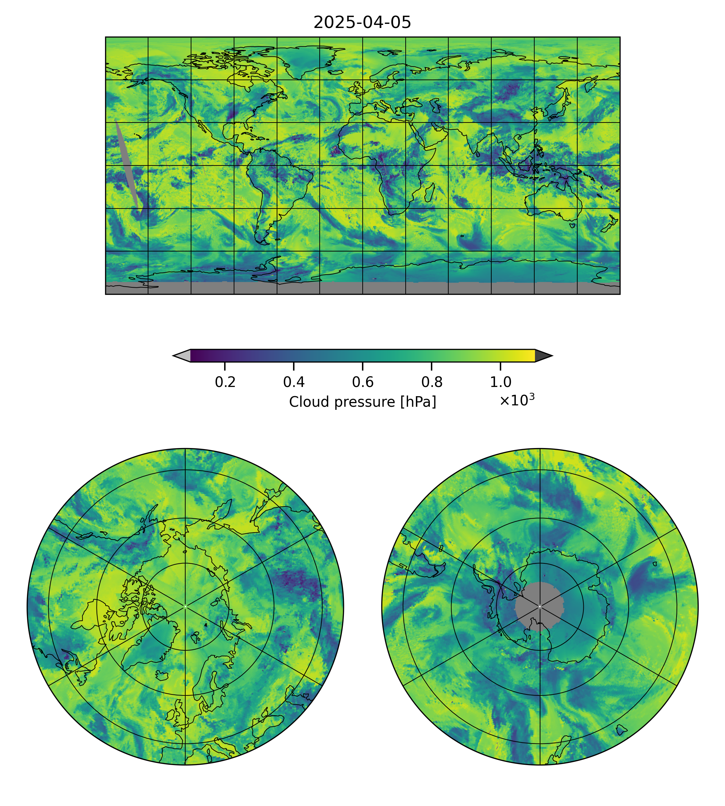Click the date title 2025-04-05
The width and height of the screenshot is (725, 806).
(x=362, y=23)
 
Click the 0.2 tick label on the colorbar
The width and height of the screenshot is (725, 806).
(x=225, y=382)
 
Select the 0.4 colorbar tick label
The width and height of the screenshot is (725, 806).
(x=294, y=382)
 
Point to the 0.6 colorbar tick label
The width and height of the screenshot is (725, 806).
(x=362, y=382)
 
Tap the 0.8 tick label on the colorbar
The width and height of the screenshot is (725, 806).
(x=431, y=382)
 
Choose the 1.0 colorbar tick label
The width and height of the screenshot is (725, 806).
(x=500, y=382)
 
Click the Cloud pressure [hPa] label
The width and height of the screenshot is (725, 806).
(x=362, y=402)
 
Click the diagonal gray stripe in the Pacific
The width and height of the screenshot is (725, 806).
(x=127, y=163)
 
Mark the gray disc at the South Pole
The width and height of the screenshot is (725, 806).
(x=539, y=606)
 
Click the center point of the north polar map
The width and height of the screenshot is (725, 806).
(x=185, y=606)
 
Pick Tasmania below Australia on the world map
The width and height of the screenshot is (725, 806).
(x=572, y=226)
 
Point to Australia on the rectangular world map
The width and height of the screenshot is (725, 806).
(x=554, y=201)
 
